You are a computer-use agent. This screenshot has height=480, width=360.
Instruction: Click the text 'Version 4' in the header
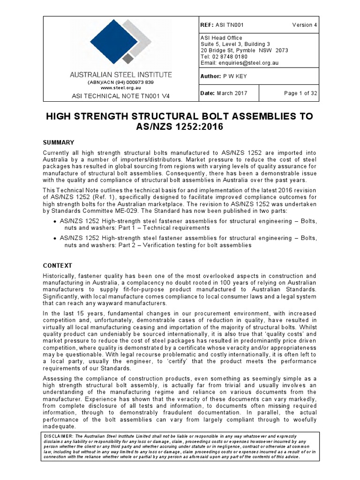[304, 25]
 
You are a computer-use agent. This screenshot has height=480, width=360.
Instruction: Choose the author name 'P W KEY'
[240, 76]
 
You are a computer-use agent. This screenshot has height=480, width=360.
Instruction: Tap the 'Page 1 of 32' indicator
[300, 93]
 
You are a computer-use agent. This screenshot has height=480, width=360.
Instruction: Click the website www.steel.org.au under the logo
[120, 87]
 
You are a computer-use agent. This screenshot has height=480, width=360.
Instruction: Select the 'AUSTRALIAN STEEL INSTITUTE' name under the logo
[120, 75]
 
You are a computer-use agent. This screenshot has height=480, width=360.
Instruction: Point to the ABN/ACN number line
[120, 82]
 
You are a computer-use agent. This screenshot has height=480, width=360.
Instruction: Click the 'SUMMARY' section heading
[59, 142]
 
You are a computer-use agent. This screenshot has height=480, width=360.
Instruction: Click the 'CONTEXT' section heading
[59, 264]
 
